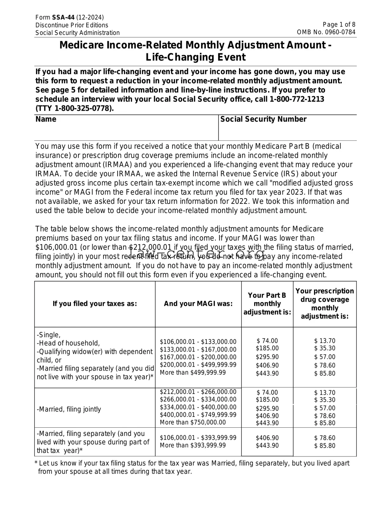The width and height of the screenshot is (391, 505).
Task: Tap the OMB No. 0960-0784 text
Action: click(326, 32)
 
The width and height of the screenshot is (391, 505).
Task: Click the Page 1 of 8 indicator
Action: click(339, 24)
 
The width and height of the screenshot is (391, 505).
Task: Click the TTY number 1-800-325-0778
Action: click(83, 108)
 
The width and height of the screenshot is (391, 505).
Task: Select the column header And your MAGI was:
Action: click(198, 304)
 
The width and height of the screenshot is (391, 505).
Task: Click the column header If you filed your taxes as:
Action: click(95, 304)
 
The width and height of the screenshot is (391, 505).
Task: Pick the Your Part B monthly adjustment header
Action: click(267, 304)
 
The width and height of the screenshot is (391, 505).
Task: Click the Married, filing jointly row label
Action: click(69, 409)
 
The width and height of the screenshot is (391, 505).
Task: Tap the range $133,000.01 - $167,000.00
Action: click(198, 349)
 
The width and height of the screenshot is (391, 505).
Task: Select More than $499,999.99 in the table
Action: click(193, 372)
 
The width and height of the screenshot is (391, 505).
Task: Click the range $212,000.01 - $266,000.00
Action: click(198, 392)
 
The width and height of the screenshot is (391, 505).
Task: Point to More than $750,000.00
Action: click(193, 422)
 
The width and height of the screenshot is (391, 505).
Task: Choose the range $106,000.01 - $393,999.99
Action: click(198, 438)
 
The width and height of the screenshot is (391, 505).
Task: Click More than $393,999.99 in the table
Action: click(193, 445)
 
